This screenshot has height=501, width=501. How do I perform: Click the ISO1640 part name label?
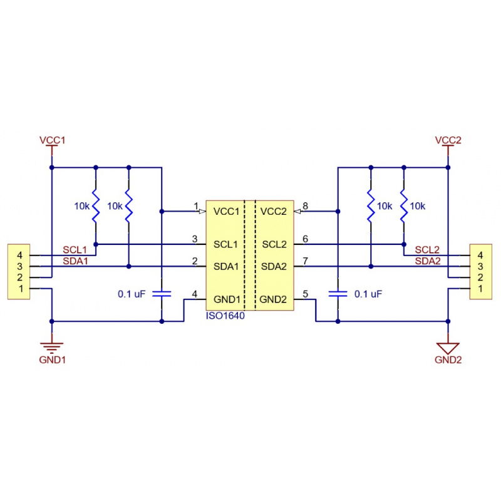[225, 316]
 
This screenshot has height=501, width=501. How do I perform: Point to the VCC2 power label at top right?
[448, 140]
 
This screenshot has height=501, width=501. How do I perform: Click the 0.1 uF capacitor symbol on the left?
[162, 292]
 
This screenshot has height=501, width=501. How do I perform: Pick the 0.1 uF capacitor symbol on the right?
[338, 292]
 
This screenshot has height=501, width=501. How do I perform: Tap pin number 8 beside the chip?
[305, 205]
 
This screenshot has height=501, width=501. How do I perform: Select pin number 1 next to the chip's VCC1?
[196, 205]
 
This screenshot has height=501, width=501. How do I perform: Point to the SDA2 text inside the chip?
[274, 267]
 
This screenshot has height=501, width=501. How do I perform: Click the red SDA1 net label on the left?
[75, 261]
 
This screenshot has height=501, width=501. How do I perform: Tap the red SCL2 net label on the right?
[427, 250]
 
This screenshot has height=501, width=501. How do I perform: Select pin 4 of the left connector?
[21, 256]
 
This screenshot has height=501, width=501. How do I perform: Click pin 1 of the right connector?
[480, 289]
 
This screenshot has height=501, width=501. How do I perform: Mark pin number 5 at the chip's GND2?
[305, 293]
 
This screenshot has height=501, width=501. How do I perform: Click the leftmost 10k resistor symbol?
[96, 206]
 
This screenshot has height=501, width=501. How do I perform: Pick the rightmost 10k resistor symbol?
[404, 206]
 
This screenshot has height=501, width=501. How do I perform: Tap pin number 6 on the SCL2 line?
[305, 239]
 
